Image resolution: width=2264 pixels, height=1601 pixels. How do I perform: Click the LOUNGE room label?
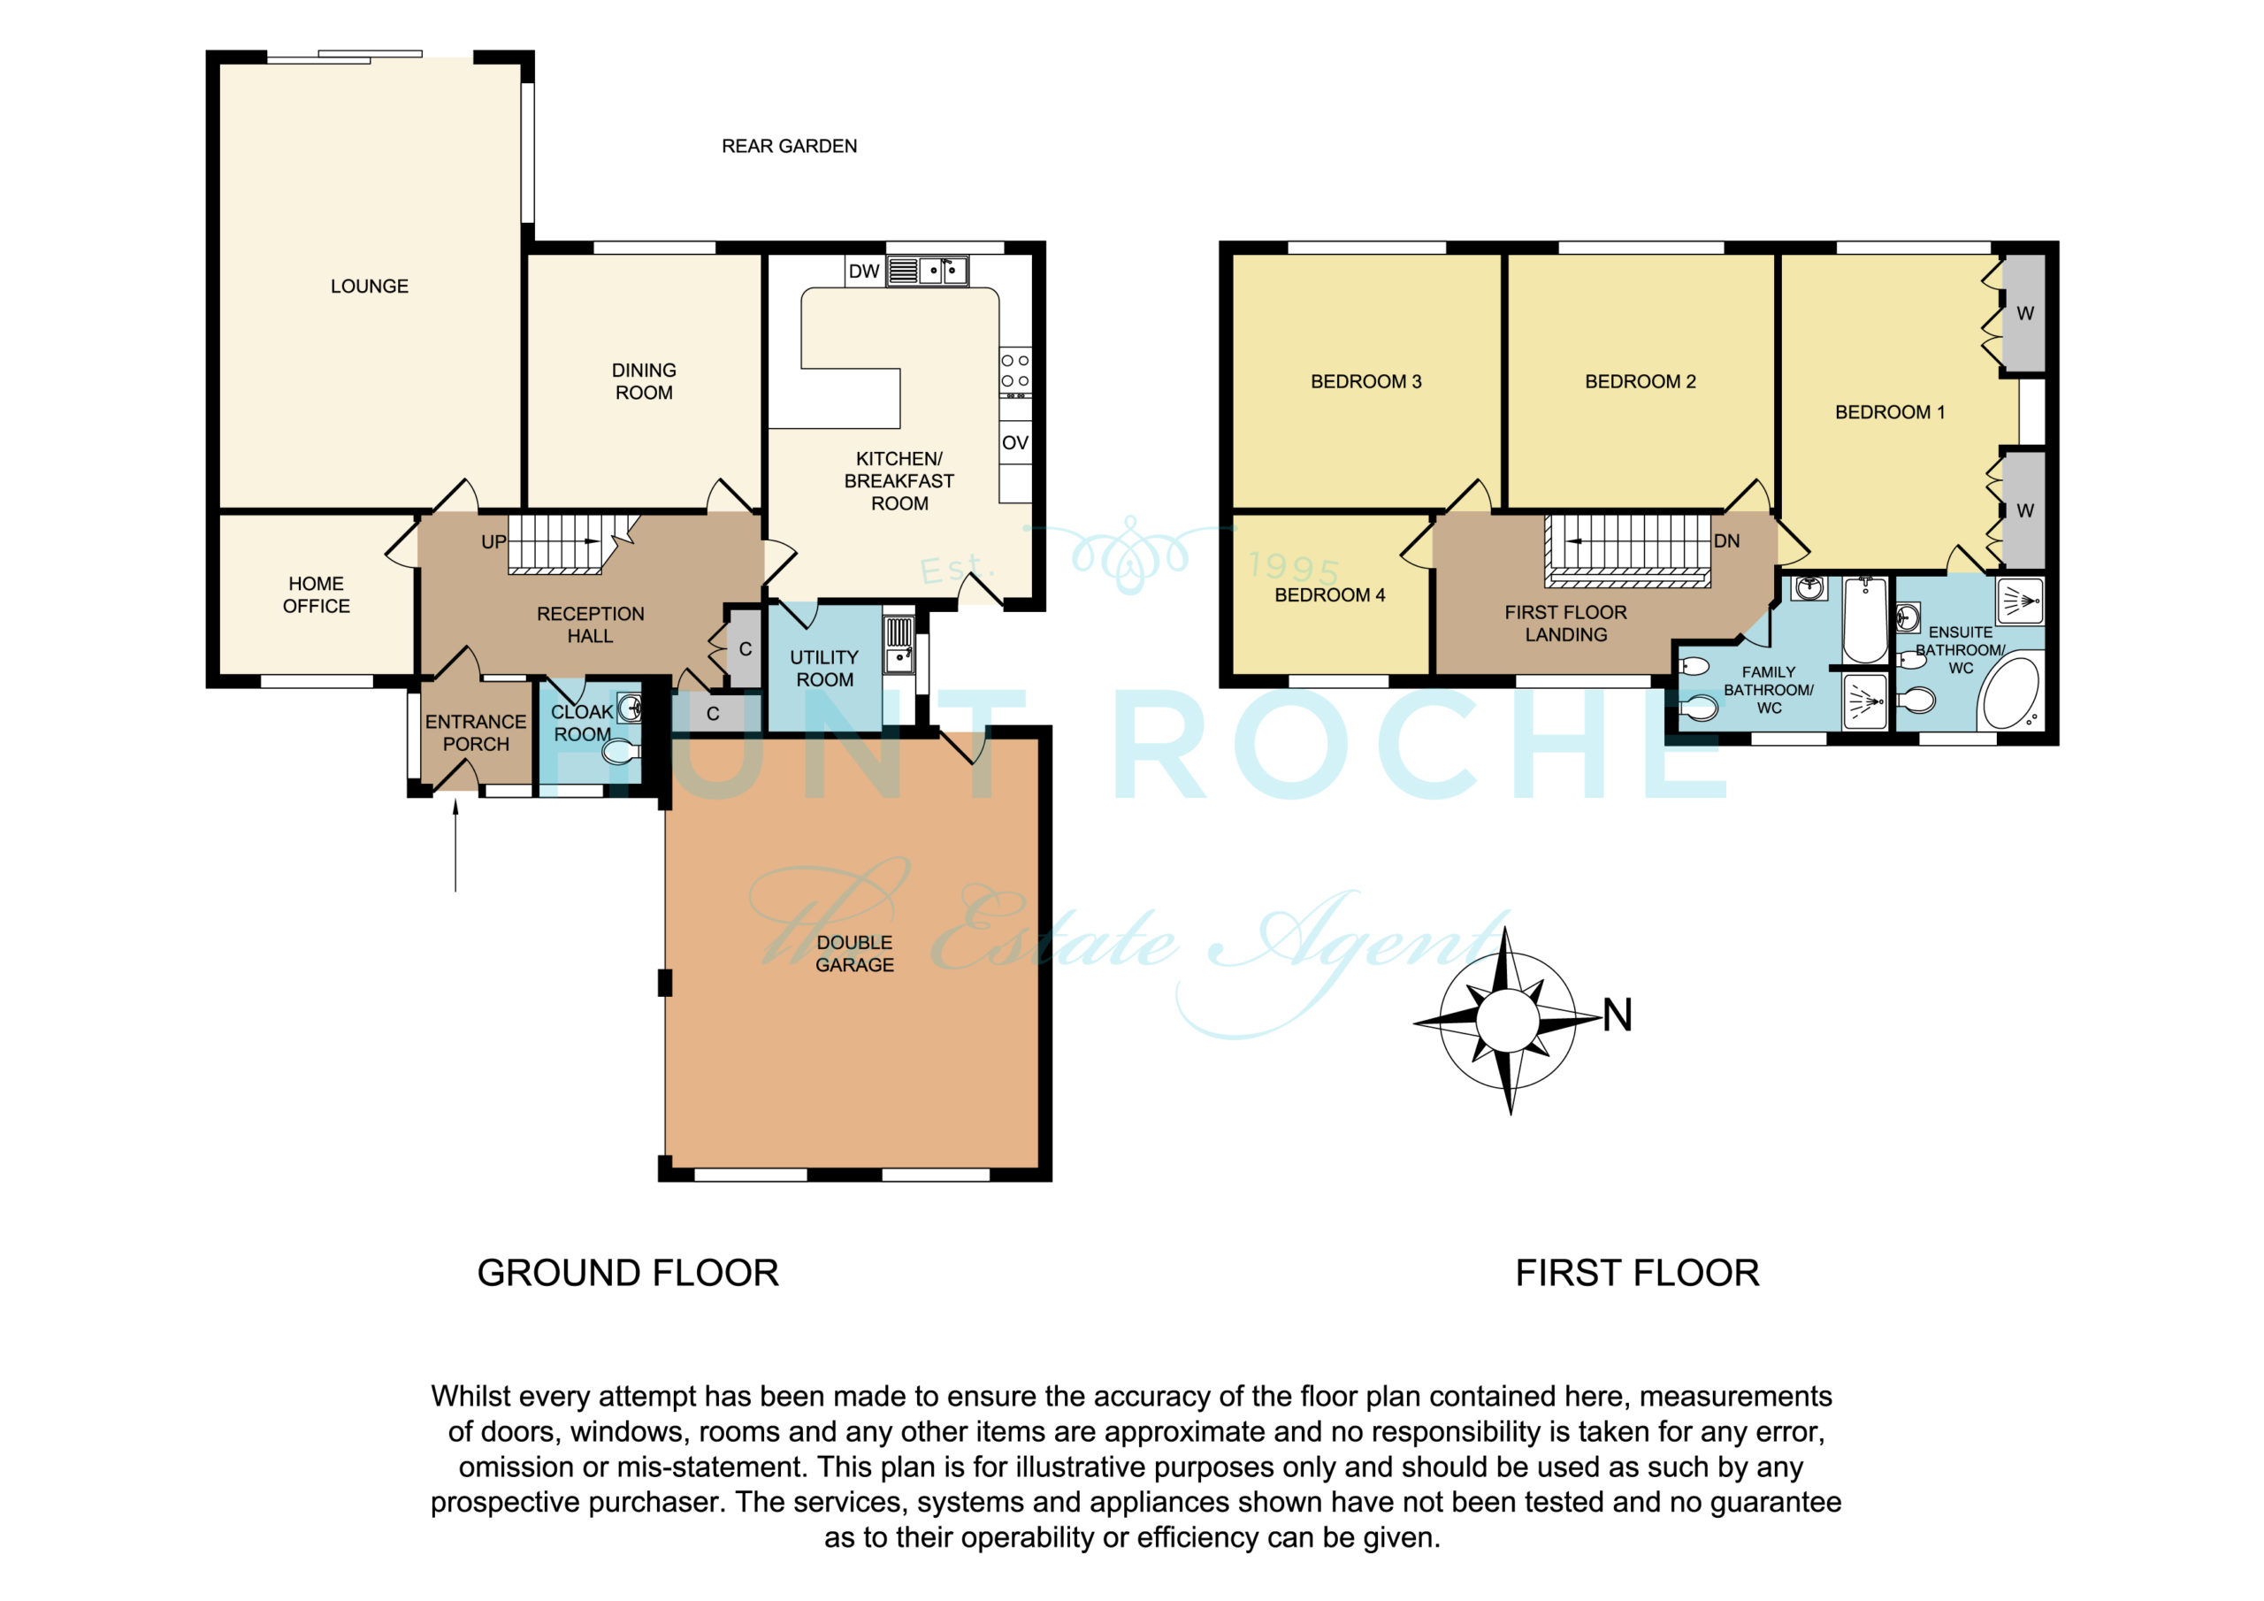coord(369,286)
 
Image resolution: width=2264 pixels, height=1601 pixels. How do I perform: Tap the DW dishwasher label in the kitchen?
coord(864,272)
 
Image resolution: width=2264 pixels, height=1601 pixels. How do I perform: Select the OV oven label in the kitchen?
coord(1014,443)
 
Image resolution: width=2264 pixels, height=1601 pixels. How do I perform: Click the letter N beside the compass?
coord(1618,1015)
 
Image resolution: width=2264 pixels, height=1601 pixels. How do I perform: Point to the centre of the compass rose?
coord(1508,1021)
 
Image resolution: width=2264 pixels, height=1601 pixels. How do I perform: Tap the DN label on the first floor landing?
coord(1726,540)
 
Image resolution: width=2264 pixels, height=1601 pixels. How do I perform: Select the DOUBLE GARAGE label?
coord(855,954)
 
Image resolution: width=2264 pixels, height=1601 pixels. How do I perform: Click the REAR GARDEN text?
coord(789,146)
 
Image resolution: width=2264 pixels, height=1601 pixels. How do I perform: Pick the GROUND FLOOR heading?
coord(628,1273)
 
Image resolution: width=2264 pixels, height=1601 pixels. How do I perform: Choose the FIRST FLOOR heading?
coord(1637,1273)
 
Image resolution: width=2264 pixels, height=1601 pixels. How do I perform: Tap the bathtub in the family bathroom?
coord(1864,619)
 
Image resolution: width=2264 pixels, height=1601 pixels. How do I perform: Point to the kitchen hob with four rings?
coord(1015,372)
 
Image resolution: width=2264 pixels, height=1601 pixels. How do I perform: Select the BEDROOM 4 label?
coord(1329,594)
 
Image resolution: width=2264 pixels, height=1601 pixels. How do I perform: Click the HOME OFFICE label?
coord(317,594)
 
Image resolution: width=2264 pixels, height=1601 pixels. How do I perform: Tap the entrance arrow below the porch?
coord(455,846)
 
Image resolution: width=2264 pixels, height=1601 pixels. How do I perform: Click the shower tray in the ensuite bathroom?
coord(2019,601)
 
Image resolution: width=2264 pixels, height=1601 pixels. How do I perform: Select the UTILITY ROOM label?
coord(824,668)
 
